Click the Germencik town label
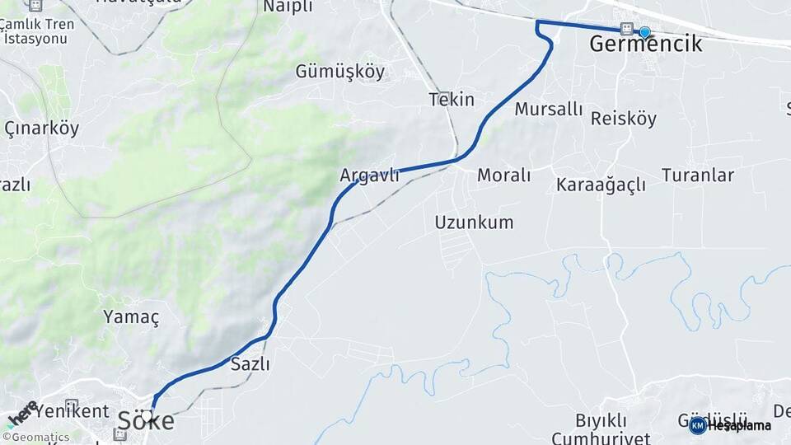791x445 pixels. pos(646,44)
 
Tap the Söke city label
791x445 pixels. pos(146,421)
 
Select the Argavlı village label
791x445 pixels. pos(369,175)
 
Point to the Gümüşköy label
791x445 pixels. pos(339,72)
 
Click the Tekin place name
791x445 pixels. pos(452,100)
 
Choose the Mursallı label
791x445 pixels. pos(548,109)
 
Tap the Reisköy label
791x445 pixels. pos(624,119)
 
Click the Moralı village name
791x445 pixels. pos(503,175)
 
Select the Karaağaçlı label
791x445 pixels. pos(601,185)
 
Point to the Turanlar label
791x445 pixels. pos(697,175)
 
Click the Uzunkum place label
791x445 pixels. pos(474,222)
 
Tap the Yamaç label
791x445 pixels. pos(131,316)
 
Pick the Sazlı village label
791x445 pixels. pos(250,363)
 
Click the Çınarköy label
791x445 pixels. pos(41,129)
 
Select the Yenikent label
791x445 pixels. pos(72,410)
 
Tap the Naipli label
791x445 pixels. pos(288,7)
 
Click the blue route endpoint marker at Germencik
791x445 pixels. pos(644,32)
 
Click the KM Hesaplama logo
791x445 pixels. pos(730,425)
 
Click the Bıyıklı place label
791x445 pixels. pos(601,421)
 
